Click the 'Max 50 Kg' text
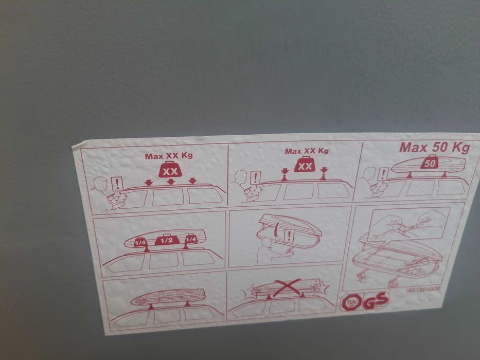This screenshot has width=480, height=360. (x=434, y=148)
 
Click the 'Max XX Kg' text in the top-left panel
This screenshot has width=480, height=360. (x=168, y=156)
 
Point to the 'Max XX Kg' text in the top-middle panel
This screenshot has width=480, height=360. (x=307, y=151)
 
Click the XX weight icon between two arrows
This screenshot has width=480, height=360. (x=305, y=166)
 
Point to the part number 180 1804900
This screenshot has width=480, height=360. (x=423, y=290)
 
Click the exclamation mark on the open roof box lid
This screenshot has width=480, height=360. (x=289, y=236)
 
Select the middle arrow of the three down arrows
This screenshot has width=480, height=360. (x=170, y=182)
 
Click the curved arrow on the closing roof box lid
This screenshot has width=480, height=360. (x=277, y=230)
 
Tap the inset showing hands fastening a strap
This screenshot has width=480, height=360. (x=409, y=223)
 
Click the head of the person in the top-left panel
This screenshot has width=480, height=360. (x=101, y=183)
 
